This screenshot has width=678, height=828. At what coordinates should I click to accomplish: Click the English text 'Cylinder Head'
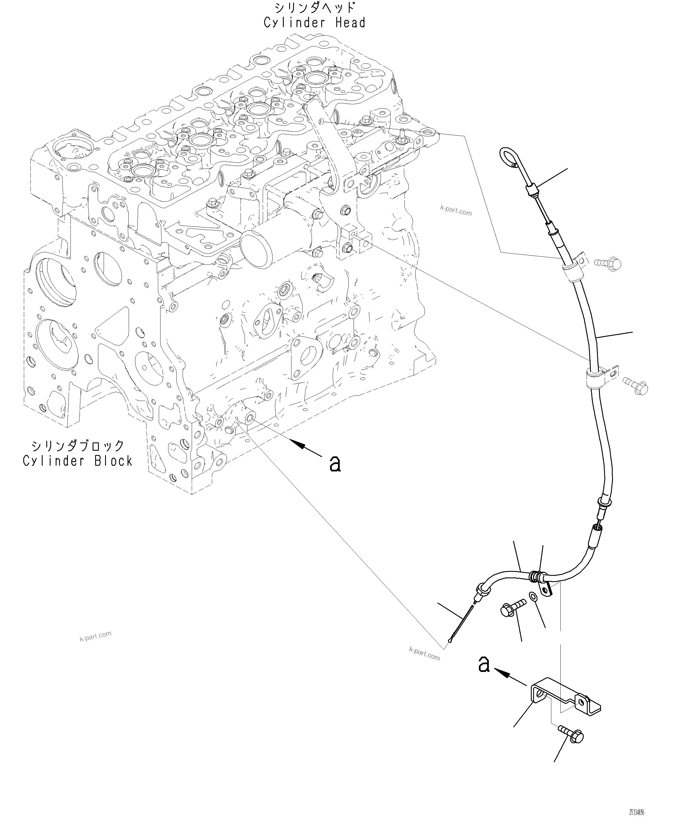[x=314, y=23]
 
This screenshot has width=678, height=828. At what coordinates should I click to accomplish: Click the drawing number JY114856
[x=636, y=812]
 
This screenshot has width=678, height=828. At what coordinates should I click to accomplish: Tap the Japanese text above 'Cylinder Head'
[x=314, y=7]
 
